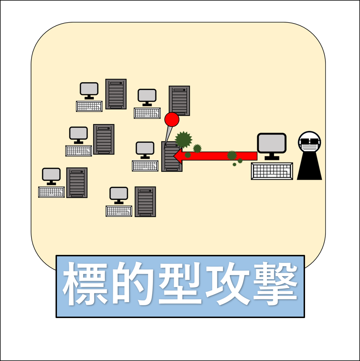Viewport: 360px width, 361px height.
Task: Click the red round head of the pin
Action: coord(172,120)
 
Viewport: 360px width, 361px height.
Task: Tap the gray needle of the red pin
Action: coord(168,136)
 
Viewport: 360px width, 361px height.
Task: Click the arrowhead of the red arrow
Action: coord(178,156)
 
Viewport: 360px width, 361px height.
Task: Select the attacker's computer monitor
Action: coord(272,146)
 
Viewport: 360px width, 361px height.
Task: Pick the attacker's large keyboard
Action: coord(272,171)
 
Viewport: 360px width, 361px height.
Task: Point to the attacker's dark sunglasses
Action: coord(309,141)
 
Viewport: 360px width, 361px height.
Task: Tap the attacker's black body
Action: coord(309,166)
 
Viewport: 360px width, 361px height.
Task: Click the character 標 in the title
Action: coord(85,284)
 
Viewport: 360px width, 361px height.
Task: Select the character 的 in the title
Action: coord(133,284)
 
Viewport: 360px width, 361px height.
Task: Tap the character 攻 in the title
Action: coord(228,284)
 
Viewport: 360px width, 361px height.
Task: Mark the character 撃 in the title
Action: coord(275,284)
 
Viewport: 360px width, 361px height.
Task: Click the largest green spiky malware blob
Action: coord(183,140)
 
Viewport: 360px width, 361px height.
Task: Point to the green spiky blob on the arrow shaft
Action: coord(232,155)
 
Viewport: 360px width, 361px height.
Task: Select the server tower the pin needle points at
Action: coord(172,156)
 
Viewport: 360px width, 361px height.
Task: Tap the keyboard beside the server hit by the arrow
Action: coord(145,166)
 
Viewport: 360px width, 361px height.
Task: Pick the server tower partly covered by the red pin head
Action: coord(179,101)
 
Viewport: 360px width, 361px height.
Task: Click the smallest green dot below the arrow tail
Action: coord(235,165)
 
